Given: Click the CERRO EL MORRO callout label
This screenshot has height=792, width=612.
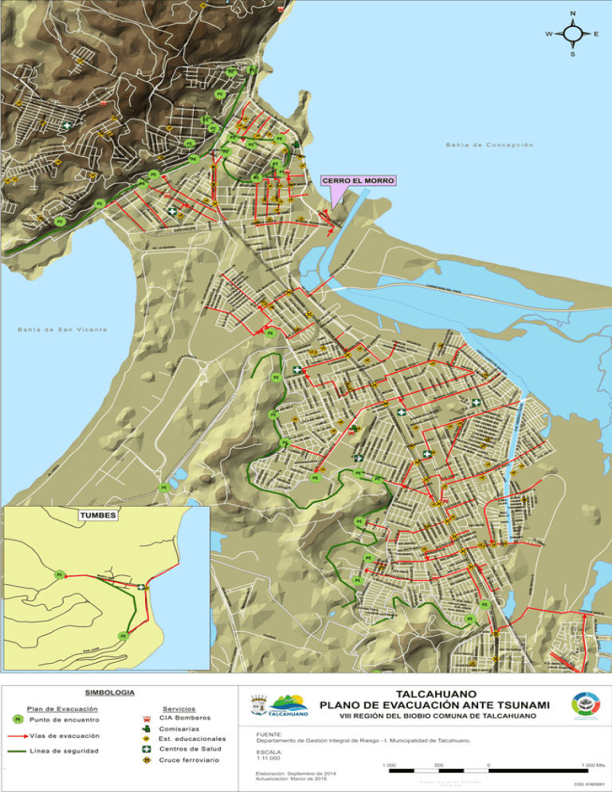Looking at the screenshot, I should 358,182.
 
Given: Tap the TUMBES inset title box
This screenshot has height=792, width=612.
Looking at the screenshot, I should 99,516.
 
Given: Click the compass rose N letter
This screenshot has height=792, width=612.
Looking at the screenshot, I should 573,14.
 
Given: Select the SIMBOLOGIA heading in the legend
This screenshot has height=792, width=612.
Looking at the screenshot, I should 109,692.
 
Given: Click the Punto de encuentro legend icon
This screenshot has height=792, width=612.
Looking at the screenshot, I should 18,719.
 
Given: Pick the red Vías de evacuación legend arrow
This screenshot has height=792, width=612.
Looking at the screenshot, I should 18,735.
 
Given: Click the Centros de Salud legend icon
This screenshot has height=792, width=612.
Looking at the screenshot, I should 146,749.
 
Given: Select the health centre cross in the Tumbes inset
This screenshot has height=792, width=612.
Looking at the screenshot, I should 141,587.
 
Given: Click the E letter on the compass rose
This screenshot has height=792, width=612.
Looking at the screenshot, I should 597,34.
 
